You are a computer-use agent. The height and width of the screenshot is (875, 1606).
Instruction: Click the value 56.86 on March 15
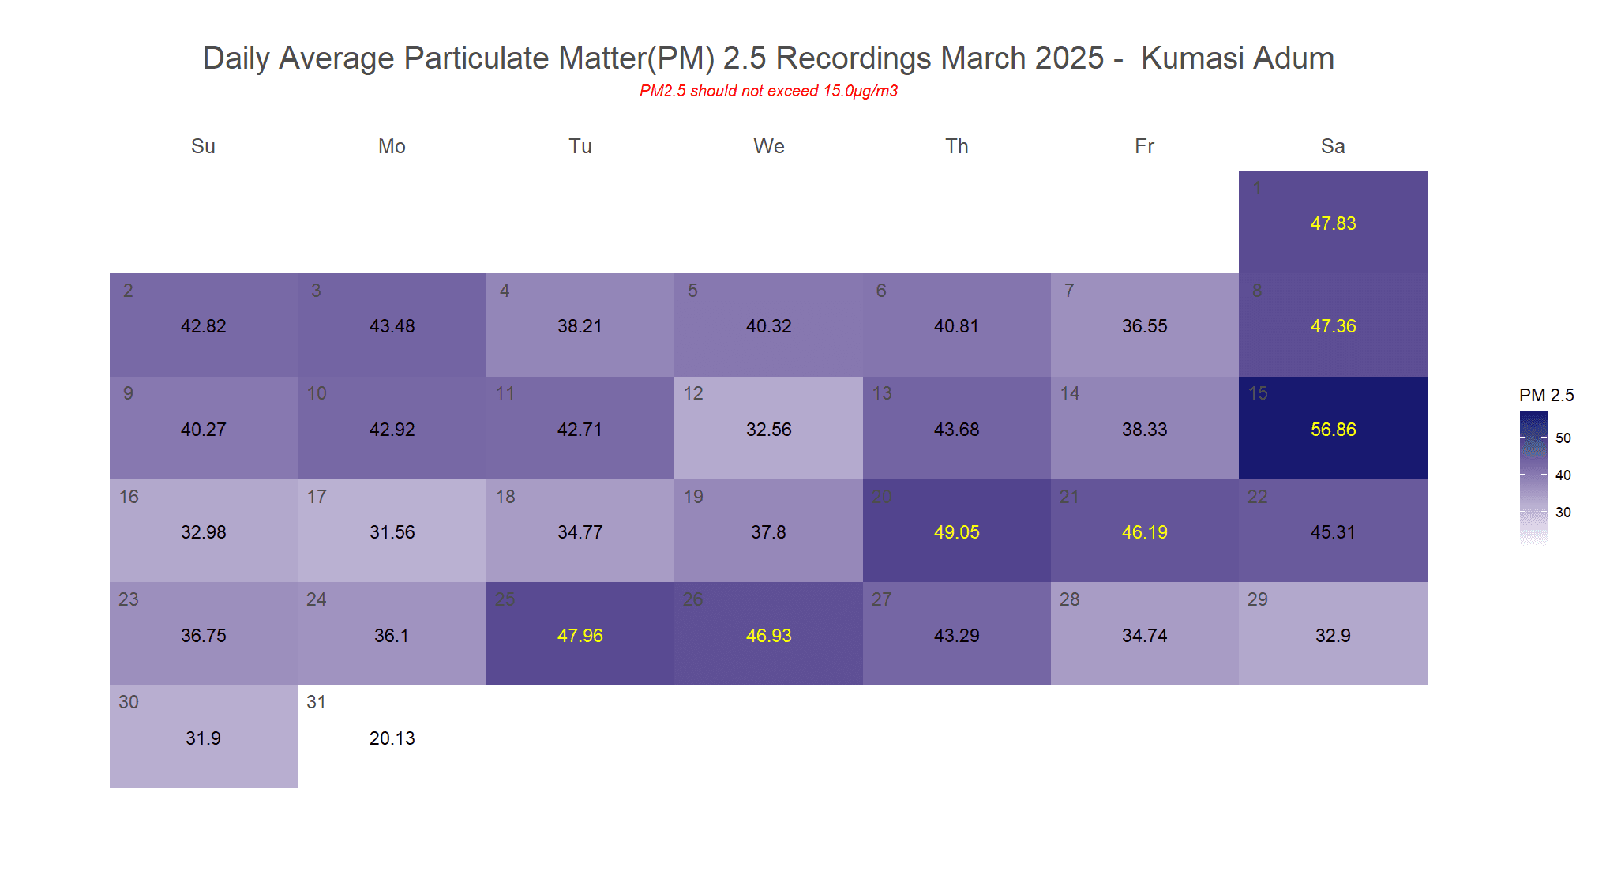click(1333, 430)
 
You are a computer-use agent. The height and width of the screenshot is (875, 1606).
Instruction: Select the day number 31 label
click(316, 702)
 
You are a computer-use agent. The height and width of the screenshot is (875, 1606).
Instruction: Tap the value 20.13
click(392, 738)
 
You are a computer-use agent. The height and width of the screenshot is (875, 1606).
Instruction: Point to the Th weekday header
click(956, 146)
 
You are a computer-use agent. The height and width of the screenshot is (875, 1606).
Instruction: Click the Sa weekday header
click(1333, 146)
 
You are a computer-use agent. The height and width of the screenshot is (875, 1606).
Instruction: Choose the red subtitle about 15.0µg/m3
click(768, 91)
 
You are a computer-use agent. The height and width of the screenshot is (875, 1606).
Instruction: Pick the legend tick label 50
click(1563, 438)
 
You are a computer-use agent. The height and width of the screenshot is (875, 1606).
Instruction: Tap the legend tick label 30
click(1563, 513)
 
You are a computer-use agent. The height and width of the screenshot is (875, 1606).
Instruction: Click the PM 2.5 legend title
click(1546, 395)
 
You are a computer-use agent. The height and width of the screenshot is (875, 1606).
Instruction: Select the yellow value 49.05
click(956, 532)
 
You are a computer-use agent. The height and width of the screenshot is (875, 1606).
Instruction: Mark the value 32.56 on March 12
click(768, 430)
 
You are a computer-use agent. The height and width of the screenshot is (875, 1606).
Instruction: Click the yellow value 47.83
click(1333, 223)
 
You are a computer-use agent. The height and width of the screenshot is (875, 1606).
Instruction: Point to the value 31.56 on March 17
click(392, 532)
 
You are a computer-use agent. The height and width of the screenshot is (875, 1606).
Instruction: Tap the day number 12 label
click(693, 393)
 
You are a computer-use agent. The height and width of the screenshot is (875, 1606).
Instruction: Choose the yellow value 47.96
click(580, 636)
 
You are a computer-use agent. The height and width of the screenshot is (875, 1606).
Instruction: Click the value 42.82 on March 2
click(203, 326)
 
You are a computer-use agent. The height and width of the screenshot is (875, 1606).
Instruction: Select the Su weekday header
click(203, 146)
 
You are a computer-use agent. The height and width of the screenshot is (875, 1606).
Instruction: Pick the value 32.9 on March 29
click(1333, 636)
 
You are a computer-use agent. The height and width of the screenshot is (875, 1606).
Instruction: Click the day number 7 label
click(1069, 291)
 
